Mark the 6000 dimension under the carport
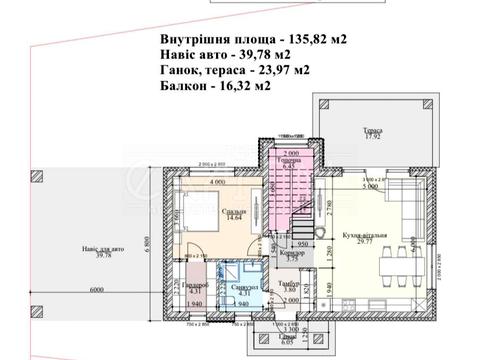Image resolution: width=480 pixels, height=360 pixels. (94, 290)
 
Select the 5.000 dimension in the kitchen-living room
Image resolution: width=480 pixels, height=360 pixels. (368, 186)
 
